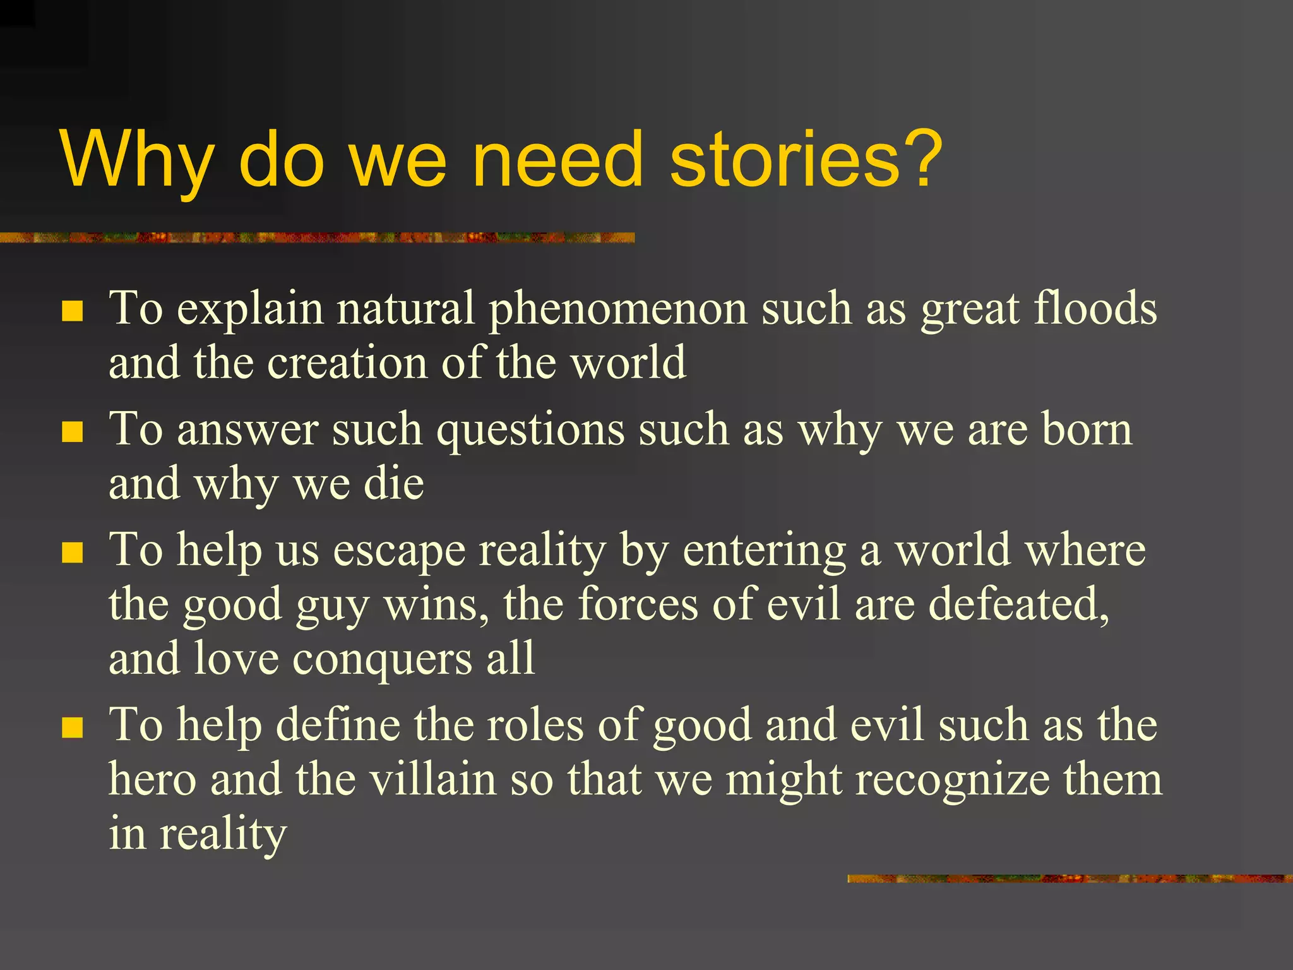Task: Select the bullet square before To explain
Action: (x=73, y=311)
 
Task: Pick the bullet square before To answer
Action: (x=73, y=433)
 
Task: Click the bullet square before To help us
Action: (x=73, y=553)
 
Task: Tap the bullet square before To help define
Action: (x=73, y=727)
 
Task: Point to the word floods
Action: (x=1095, y=308)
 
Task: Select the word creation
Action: (x=347, y=364)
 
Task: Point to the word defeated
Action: (x=1018, y=605)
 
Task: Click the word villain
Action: (x=432, y=779)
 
